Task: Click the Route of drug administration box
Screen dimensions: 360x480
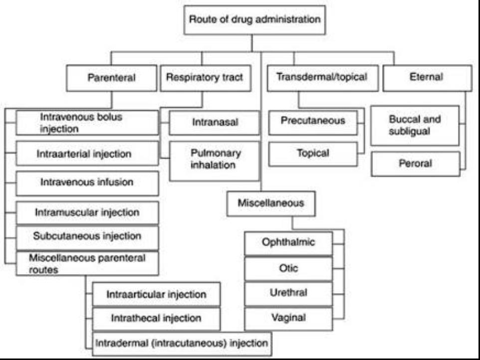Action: click(254, 20)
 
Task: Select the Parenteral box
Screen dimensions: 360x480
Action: click(112, 78)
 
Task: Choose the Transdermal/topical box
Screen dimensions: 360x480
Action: click(323, 78)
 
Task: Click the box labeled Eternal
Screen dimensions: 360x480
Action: click(427, 78)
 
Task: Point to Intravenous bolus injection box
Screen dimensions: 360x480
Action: click(87, 123)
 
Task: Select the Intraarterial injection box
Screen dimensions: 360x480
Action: click(87, 154)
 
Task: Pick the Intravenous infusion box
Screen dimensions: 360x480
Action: click(87, 182)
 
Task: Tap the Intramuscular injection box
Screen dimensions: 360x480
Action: click(87, 213)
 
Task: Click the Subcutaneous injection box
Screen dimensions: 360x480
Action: click(87, 237)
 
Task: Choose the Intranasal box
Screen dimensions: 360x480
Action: click(214, 123)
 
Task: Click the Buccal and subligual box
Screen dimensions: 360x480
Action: click(415, 125)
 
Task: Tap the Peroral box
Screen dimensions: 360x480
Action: click(415, 164)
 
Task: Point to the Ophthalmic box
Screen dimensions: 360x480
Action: click(288, 243)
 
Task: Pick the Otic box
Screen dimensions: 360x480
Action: click(288, 268)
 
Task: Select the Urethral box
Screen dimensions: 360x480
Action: click(288, 293)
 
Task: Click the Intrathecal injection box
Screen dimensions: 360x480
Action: click(156, 318)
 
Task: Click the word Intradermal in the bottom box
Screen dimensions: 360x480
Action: click(118, 344)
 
